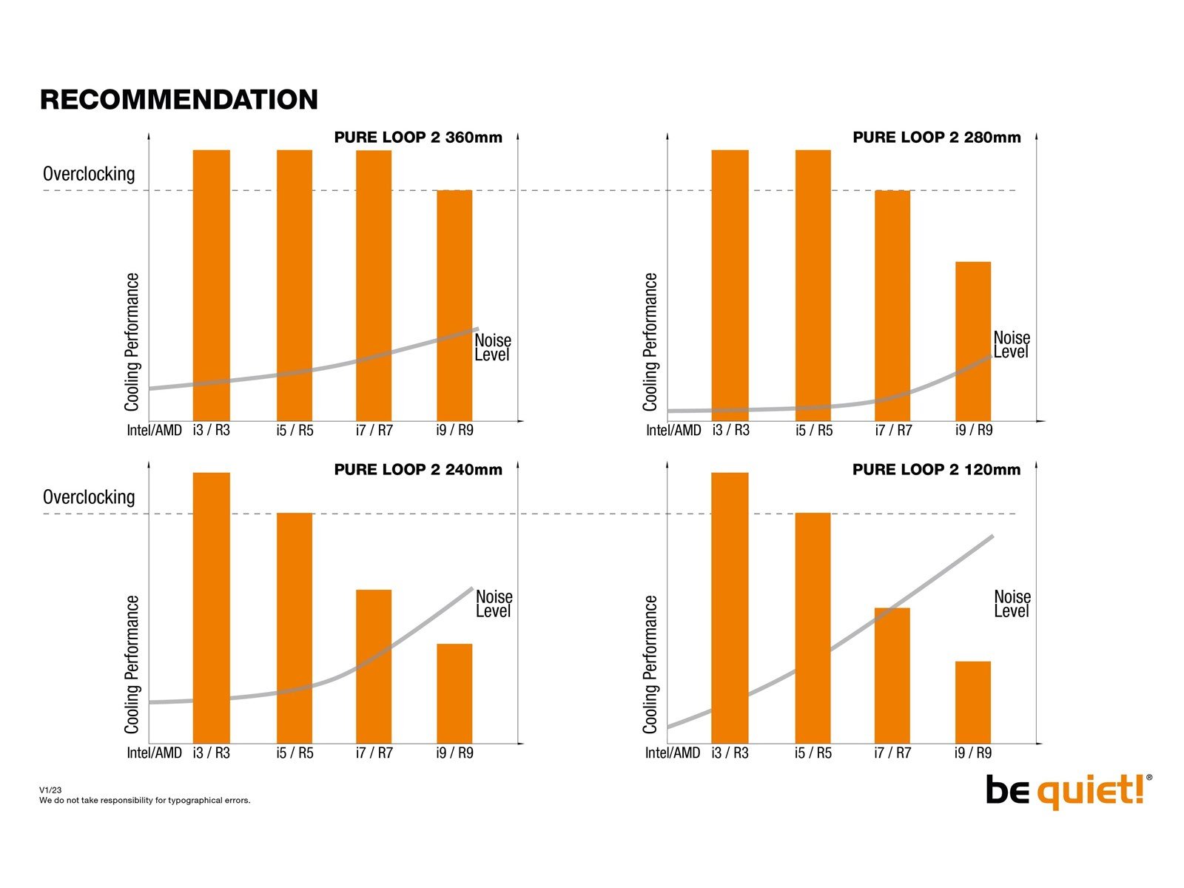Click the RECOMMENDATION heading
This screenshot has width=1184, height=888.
(179, 100)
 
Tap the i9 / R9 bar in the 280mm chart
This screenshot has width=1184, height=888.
(973, 341)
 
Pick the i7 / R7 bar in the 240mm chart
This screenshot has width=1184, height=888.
(374, 666)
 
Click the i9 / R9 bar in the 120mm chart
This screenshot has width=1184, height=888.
(973, 702)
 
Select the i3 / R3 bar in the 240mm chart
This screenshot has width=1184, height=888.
(212, 608)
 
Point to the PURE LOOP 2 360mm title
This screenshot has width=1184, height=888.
(418, 138)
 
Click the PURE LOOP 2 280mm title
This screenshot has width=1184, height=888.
(937, 138)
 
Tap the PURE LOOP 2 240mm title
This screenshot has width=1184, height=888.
(418, 470)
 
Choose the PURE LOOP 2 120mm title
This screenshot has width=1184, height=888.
(937, 470)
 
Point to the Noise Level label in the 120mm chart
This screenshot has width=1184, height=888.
(1012, 604)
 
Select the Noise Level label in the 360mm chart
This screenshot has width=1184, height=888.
(493, 347)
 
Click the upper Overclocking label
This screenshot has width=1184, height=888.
(90, 174)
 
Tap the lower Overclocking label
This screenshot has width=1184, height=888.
(90, 497)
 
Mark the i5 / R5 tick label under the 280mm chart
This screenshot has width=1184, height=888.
(814, 431)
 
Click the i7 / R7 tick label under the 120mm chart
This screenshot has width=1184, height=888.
(893, 753)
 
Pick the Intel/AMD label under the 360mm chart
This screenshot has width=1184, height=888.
(155, 431)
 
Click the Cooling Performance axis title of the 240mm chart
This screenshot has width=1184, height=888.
(132, 665)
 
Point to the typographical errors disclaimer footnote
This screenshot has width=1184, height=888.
(145, 801)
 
